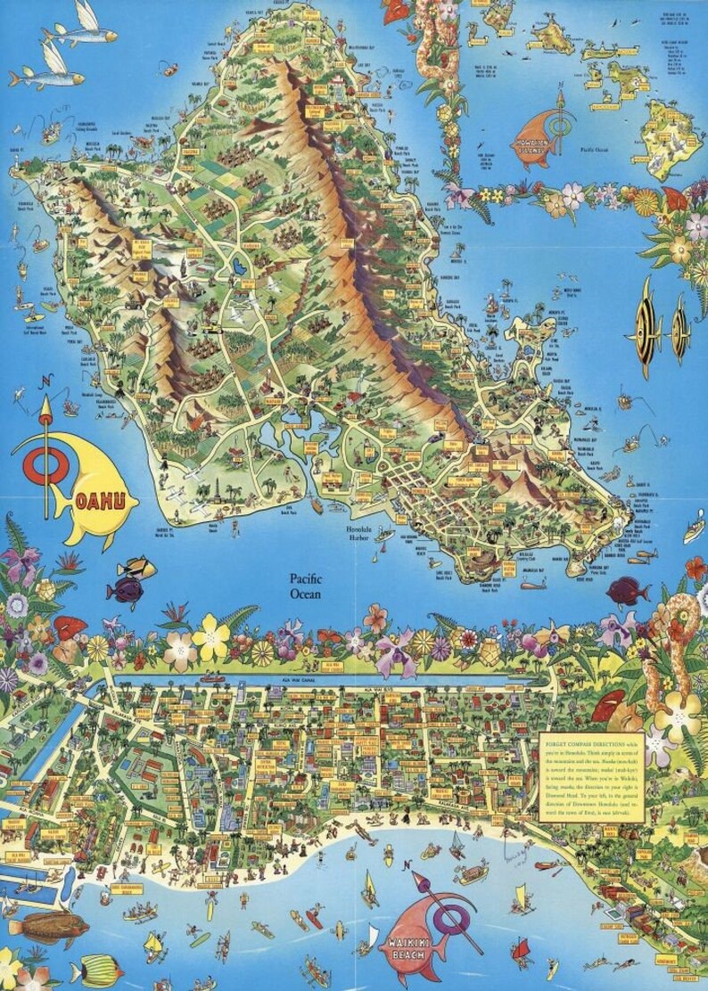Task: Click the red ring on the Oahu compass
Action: (x=39, y=463)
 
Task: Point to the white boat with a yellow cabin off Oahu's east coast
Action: (x=694, y=532)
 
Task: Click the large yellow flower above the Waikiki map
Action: (x=210, y=636)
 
